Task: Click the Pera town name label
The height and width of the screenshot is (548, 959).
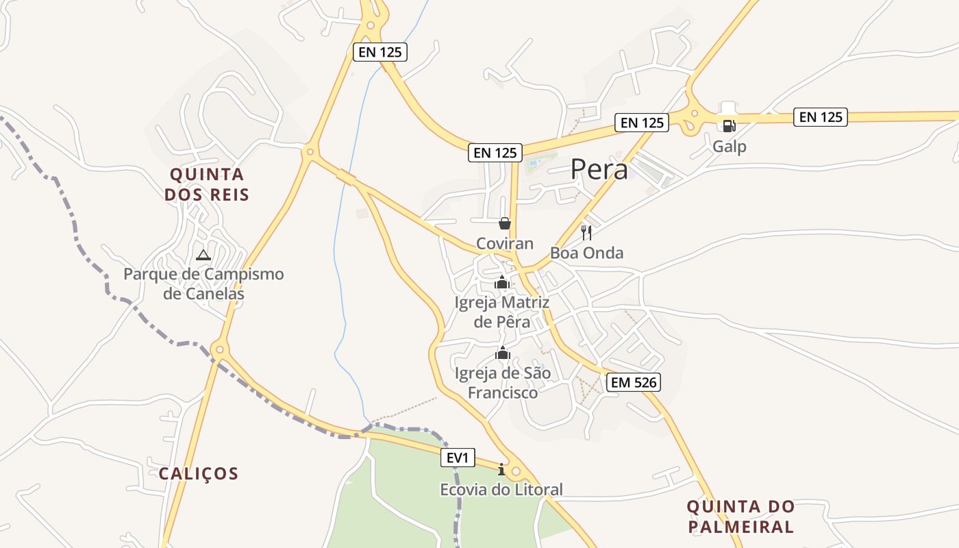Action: [599, 169]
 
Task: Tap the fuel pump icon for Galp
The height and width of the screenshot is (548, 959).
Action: [728, 125]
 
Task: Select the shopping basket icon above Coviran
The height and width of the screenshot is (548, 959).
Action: [505, 223]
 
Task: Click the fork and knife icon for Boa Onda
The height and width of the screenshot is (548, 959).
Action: [586, 232]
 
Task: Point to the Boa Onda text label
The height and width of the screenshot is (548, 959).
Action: [587, 253]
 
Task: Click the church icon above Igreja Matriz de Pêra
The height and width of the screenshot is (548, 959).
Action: [502, 282]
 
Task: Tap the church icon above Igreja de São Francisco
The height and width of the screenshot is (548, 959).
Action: [503, 353]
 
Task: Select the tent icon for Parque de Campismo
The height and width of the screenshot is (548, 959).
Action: [203, 255]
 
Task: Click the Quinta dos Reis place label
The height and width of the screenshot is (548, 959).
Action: [207, 185]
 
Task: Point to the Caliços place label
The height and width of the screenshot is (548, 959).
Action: [199, 473]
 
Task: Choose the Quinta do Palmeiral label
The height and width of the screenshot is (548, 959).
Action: [740, 517]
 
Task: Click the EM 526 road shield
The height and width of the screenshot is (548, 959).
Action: [634, 382]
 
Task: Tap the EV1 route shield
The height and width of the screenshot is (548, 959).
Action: [457, 458]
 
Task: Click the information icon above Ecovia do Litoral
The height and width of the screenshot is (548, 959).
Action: [501, 469]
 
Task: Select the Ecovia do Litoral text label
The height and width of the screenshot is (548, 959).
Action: [501, 489]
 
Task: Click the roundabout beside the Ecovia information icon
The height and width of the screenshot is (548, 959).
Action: [516, 471]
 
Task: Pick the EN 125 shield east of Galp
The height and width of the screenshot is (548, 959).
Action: [821, 117]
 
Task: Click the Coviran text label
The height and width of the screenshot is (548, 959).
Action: [505, 243]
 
